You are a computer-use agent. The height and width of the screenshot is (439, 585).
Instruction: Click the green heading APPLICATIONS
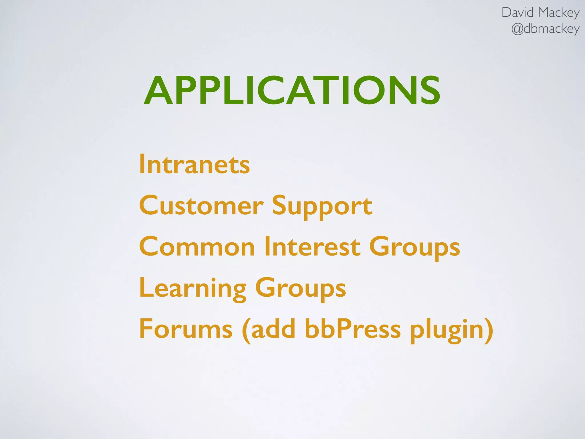(292, 91)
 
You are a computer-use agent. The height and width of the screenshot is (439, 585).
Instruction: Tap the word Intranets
(195, 164)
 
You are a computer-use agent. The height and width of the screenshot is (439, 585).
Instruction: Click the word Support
(322, 206)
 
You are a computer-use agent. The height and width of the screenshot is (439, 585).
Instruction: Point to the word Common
(197, 246)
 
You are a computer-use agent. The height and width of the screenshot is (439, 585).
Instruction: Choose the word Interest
(312, 246)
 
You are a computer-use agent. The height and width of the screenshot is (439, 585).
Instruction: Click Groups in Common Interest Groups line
(414, 248)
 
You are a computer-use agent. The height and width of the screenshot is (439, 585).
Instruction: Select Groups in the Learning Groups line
(300, 289)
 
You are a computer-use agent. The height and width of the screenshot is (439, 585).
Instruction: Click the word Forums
(186, 329)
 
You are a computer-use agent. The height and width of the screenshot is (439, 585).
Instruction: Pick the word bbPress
(353, 329)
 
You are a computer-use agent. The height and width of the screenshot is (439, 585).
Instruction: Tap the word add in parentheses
(273, 329)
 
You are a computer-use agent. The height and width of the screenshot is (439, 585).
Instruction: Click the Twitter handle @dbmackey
(545, 29)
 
